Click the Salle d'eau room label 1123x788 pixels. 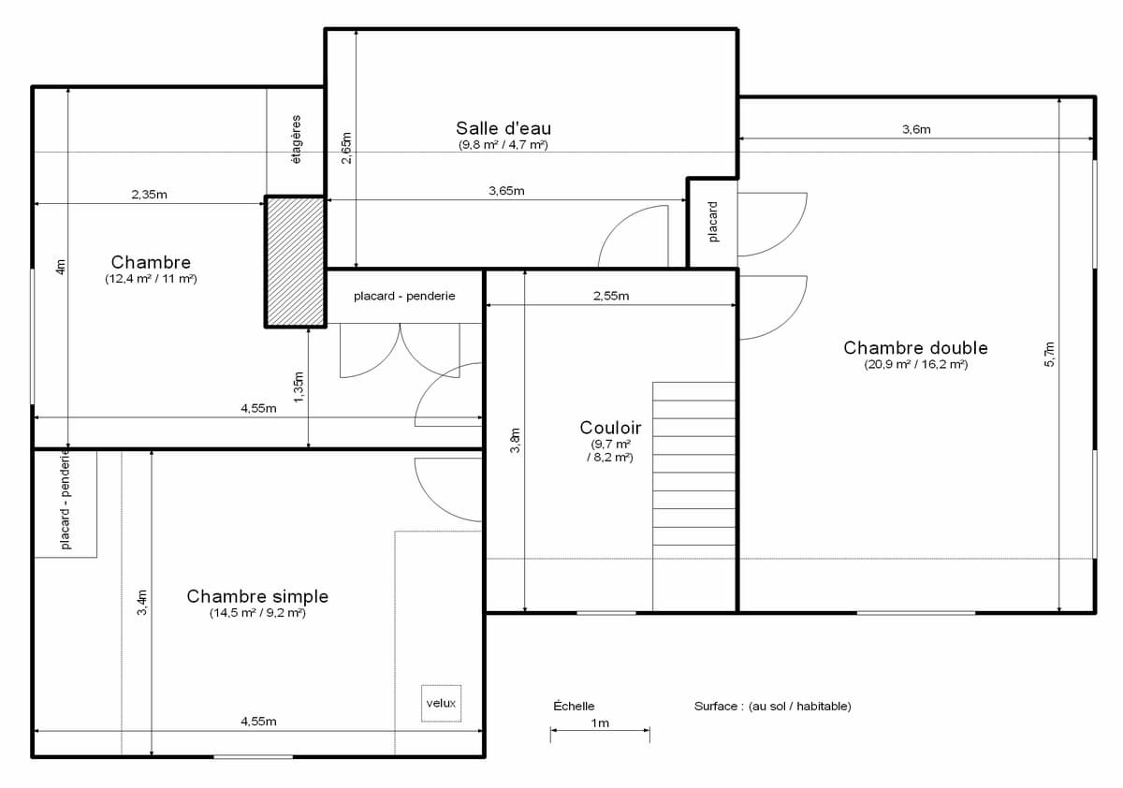(x=503, y=128)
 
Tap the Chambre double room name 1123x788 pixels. (x=915, y=348)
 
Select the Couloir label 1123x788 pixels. (x=610, y=428)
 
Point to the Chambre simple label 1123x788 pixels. (x=257, y=596)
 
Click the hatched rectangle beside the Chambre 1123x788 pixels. (x=296, y=262)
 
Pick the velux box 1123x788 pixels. (x=441, y=703)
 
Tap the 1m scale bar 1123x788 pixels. (x=600, y=730)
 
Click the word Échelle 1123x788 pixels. (x=574, y=706)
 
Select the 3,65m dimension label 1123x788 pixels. (x=506, y=191)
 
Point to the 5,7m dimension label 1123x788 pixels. (x=1049, y=355)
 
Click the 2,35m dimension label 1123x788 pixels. (x=150, y=195)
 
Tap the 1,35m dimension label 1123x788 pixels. (x=299, y=387)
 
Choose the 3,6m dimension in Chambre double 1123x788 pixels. (x=916, y=129)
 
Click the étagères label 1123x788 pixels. (x=297, y=139)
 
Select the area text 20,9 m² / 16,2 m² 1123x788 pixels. (x=915, y=364)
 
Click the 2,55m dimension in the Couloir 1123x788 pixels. (x=611, y=296)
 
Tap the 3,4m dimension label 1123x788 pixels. (x=142, y=602)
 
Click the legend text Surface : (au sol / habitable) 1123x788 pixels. (x=773, y=707)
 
